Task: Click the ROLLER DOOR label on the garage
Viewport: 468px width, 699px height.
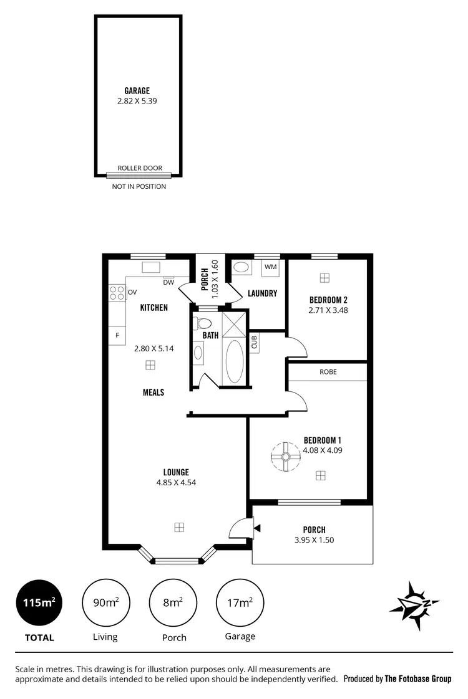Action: pyautogui.click(x=140, y=168)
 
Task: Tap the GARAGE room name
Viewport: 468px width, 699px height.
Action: pyautogui.click(x=137, y=91)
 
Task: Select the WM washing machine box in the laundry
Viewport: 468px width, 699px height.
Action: pyautogui.click(x=270, y=267)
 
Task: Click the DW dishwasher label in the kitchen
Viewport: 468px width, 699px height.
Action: pyautogui.click(x=168, y=282)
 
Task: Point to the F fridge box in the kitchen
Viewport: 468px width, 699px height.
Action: pyautogui.click(x=117, y=335)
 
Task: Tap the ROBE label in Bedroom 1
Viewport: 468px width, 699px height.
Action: pyautogui.click(x=328, y=372)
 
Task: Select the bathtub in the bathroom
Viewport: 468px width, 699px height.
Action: pyautogui.click(x=234, y=361)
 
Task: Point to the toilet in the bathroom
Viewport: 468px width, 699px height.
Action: pyautogui.click(x=203, y=323)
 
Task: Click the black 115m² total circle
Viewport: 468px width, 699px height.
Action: pyautogui.click(x=39, y=602)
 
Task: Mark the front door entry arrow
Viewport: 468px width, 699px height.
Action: pyautogui.click(x=256, y=528)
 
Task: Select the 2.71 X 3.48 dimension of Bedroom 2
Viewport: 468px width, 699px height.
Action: pyautogui.click(x=328, y=310)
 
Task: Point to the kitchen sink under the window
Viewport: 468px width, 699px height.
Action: pyautogui.click(x=150, y=268)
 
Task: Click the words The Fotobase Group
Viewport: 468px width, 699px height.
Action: pyautogui.click(x=417, y=679)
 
